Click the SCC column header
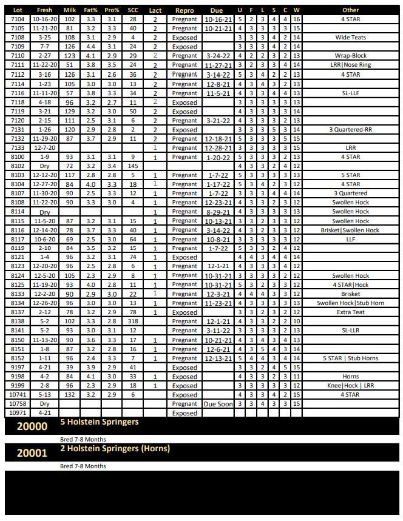click(x=133, y=10)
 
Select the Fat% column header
click(x=90, y=10)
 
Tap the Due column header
click(x=217, y=10)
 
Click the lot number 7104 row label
click(x=18, y=19)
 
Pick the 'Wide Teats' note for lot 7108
click(x=350, y=38)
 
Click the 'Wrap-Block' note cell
click(x=350, y=56)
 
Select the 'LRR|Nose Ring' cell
click(x=350, y=65)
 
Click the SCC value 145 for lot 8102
click(x=133, y=166)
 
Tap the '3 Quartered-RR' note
click(x=350, y=129)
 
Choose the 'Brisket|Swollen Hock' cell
click(x=350, y=230)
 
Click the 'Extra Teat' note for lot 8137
click(x=350, y=312)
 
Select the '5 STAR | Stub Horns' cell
click(x=350, y=358)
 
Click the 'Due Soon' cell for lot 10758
click(x=218, y=404)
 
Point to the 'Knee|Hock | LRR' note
click(x=350, y=386)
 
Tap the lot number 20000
click(x=32, y=426)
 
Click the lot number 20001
click(x=32, y=452)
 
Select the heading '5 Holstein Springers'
click(x=99, y=422)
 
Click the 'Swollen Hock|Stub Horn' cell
click(x=350, y=303)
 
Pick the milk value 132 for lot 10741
click(x=69, y=395)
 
